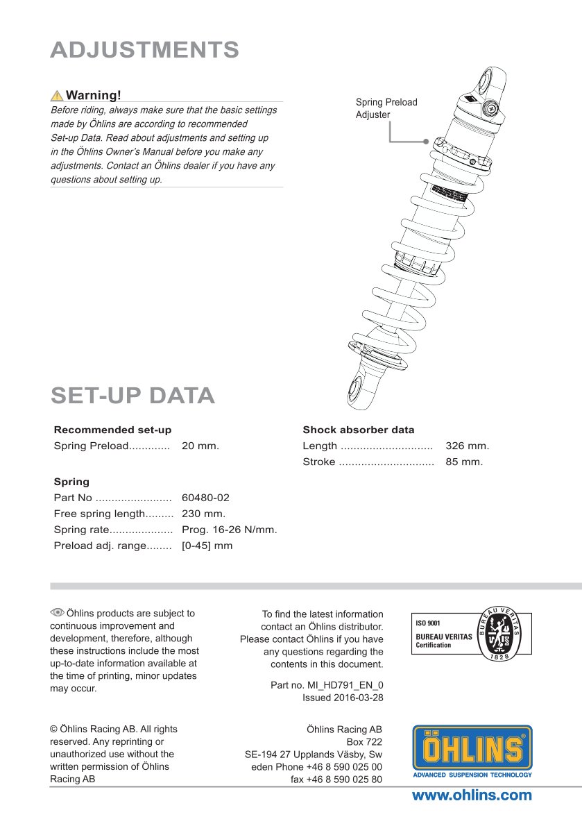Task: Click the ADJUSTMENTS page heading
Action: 144,50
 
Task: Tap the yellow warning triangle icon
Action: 57,96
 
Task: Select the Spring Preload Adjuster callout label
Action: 386,108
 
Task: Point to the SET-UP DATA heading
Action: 132,395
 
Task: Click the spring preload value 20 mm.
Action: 200,446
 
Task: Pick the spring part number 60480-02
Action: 205,498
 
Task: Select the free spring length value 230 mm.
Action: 203,514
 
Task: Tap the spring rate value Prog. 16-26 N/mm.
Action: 229,530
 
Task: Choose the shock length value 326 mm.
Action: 467,446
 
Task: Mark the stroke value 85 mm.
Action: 463,462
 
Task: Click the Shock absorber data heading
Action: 358,430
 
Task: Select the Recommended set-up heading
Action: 112,430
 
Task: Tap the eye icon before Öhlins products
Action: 57,612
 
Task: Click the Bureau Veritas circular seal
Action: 500,634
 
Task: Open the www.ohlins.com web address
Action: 472,795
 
